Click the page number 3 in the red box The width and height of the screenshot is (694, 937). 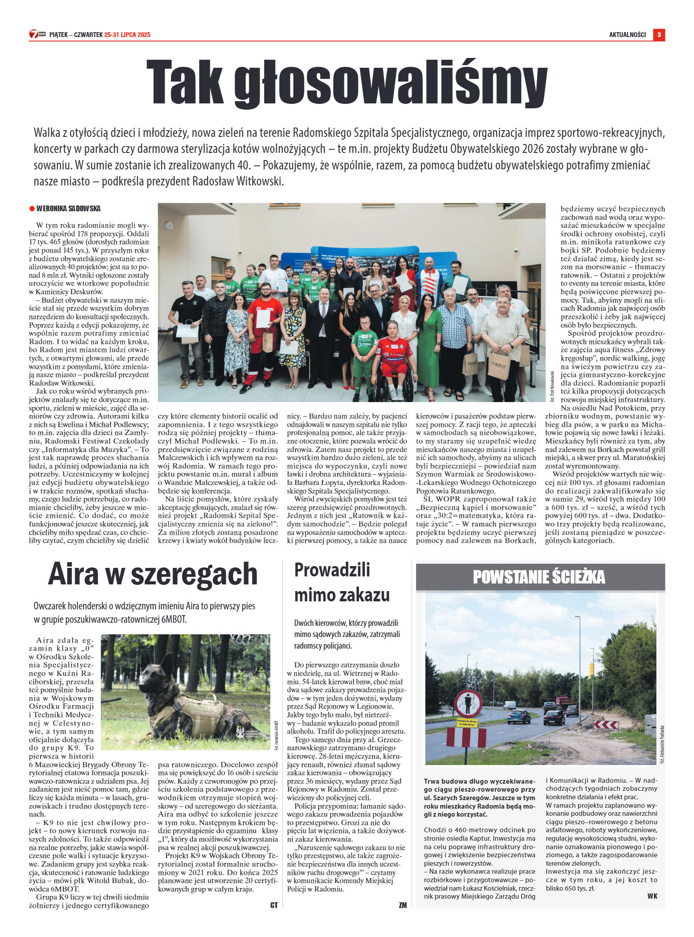[659, 35]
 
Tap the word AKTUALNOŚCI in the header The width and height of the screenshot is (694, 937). [627, 35]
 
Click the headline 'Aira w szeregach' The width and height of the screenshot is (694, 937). [153, 574]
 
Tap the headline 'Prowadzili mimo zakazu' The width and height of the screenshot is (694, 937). [342, 582]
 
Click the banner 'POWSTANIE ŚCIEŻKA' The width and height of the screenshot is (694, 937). [539, 577]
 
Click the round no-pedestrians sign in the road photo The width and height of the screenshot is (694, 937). [468, 703]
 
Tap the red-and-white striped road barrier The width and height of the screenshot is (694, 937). [466, 738]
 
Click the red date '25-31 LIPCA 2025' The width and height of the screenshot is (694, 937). [127, 35]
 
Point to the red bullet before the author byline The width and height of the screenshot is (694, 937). [32, 209]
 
